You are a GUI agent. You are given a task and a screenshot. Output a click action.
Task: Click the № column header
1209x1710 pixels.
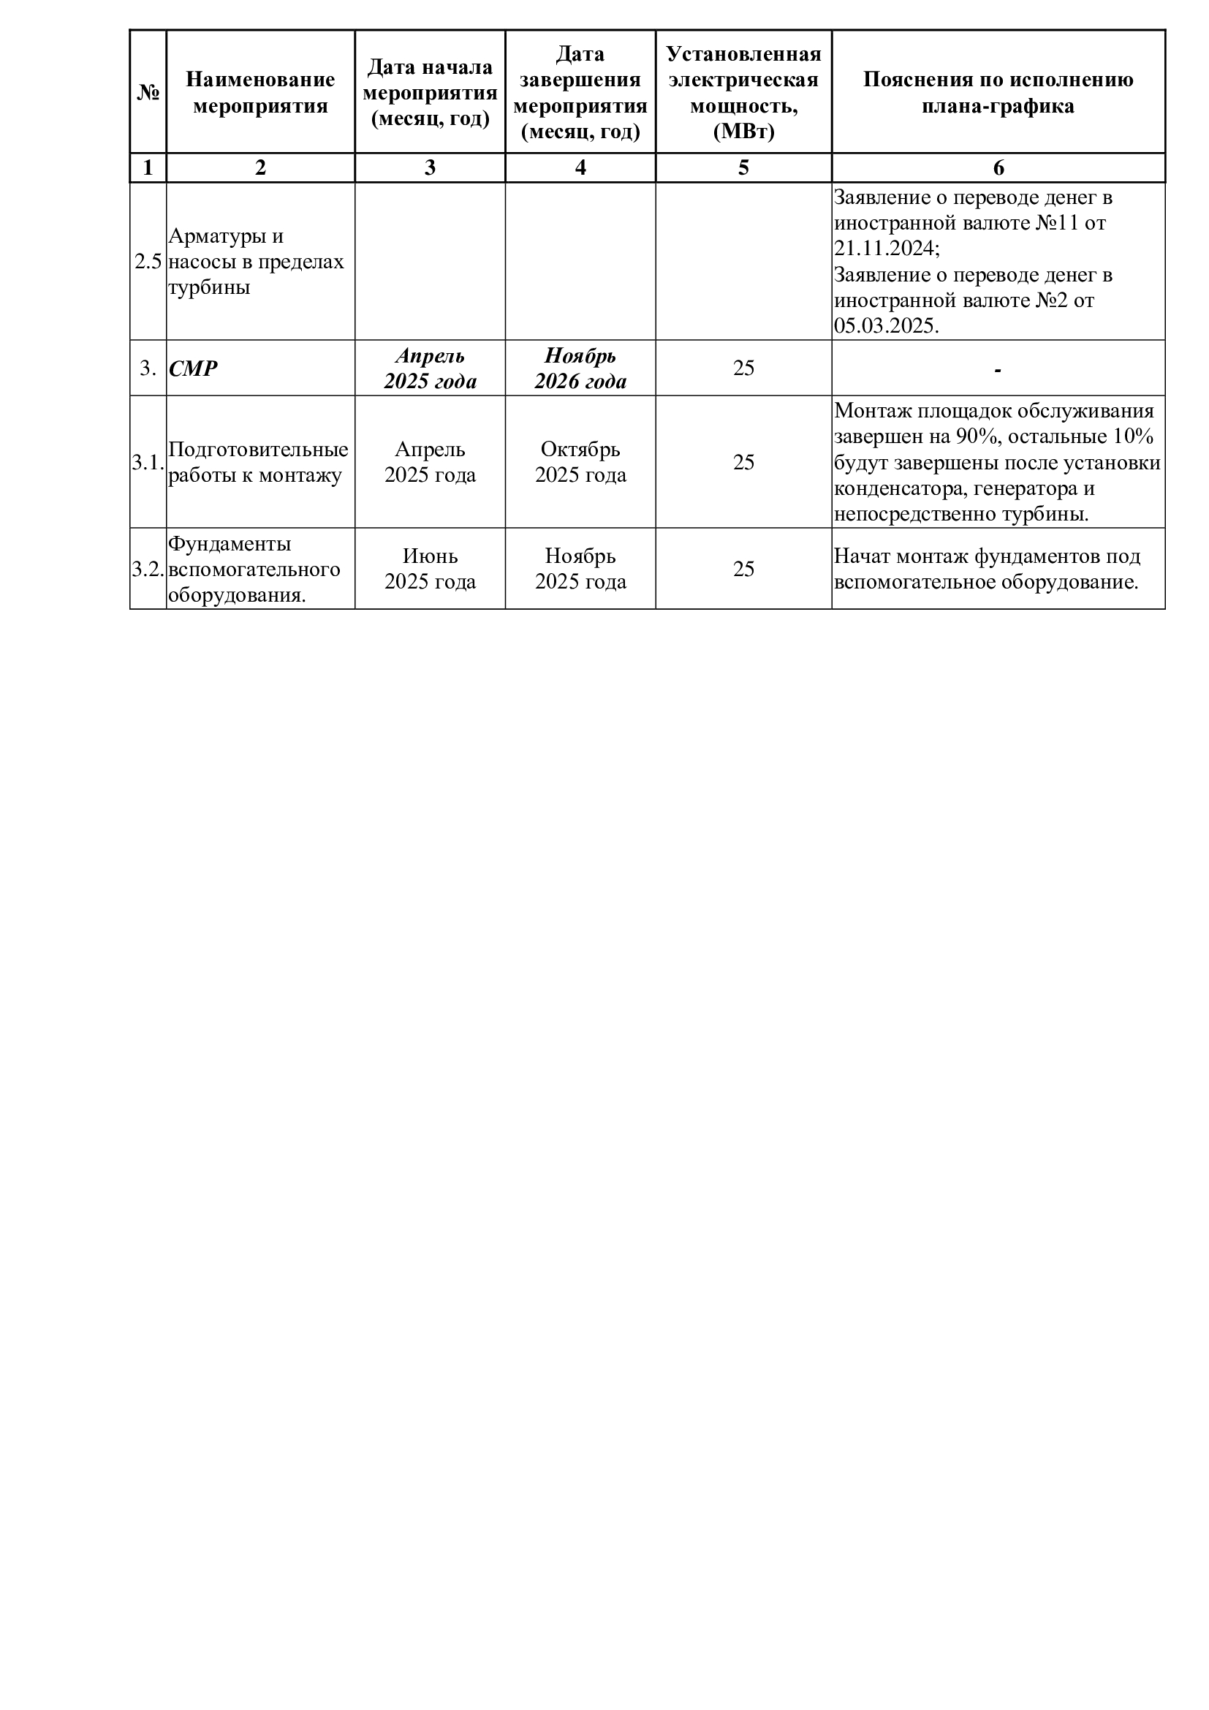tap(148, 92)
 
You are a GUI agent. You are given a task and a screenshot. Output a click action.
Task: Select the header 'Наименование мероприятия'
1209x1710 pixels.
tap(259, 92)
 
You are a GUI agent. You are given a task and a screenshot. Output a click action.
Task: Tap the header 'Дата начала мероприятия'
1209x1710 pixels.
tap(430, 92)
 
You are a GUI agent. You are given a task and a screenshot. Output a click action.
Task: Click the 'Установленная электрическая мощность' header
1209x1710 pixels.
tap(743, 92)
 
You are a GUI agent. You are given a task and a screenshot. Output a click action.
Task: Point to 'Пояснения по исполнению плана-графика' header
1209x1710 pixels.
tap(998, 92)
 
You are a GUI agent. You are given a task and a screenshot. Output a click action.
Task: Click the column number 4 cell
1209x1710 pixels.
tap(580, 167)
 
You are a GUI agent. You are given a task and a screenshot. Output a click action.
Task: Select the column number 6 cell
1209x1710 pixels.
tap(998, 167)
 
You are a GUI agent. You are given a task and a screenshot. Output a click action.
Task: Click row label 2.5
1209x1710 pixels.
tap(148, 262)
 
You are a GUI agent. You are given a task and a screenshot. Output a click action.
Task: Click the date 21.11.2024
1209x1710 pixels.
tap(882, 248)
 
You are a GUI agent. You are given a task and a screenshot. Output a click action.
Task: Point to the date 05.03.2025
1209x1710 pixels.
tap(886, 326)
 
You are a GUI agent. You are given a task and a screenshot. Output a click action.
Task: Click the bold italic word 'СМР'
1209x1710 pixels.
tap(193, 368)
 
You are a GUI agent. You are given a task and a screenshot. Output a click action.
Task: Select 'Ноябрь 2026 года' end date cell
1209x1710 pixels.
tap(580, 368)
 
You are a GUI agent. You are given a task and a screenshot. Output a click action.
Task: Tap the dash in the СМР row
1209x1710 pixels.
tap(998, 369)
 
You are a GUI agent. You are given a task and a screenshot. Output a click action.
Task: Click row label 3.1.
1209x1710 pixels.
tap(148, 463)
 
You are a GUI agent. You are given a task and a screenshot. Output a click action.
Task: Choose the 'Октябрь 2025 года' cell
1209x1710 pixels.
tap(580, 463)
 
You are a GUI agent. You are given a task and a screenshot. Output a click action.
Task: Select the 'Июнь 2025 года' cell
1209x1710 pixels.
tap(430, 569)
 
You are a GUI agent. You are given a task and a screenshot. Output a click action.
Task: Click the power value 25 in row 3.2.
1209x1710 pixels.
tap(743, 569)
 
